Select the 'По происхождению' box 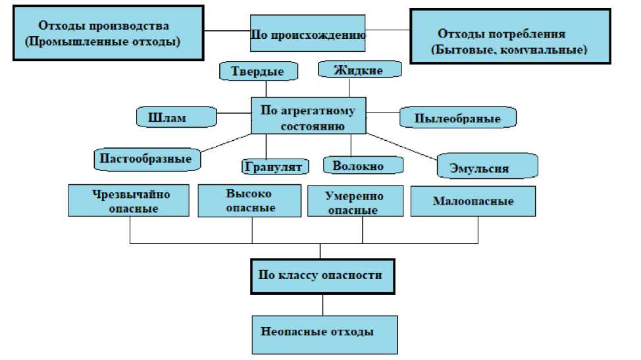[x=308, y=33]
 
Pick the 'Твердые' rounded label [x=257, y=71]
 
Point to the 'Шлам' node [x=176, y=117]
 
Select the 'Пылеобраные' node [x=458, y=118]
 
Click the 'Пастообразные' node [x=147, y=159]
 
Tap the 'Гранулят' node [x=274, y=167]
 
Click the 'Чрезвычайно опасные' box [x=130, y=201]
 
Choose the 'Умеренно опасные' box [x=355, y=202]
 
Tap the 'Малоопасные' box [x=473, y=201]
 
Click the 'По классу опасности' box [x=322, y=275]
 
